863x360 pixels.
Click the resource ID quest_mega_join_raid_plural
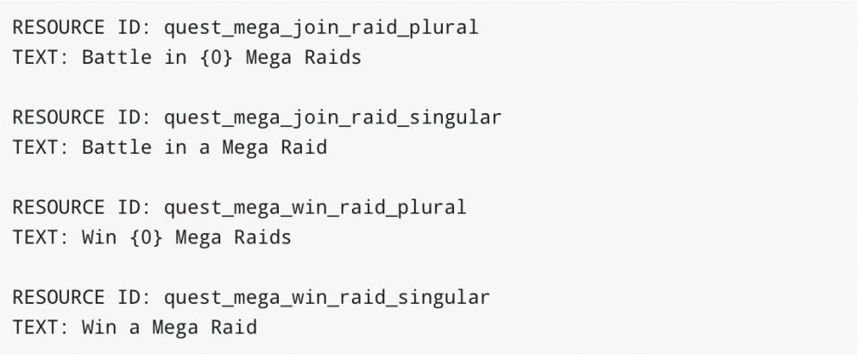[321, 28]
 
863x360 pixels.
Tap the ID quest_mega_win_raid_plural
[315, 207]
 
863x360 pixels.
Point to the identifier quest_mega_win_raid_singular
[327, 297]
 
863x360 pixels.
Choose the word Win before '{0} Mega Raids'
[99, 237]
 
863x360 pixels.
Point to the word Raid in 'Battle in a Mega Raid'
[304, 148]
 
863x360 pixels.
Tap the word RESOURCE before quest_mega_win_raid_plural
[58, 207]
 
